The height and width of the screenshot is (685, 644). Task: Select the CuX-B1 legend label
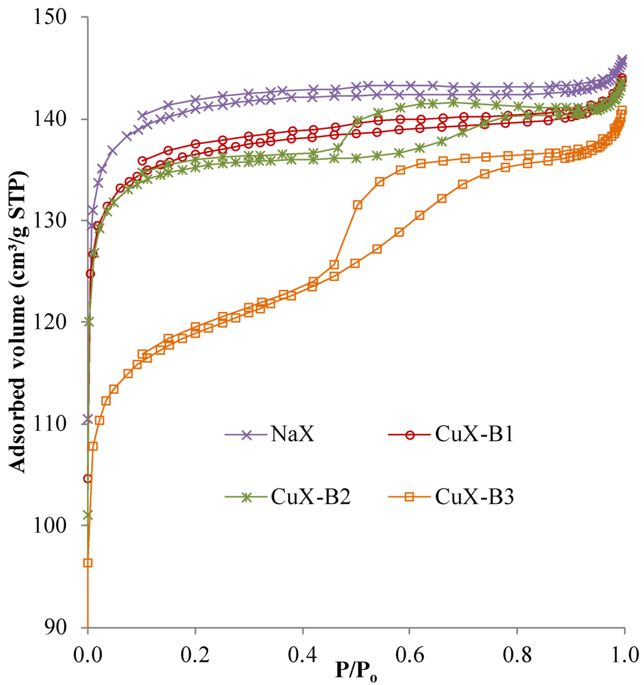(473, 435)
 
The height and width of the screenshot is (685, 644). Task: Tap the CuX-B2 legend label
(311, 496)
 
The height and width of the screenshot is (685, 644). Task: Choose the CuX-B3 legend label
(473, 496)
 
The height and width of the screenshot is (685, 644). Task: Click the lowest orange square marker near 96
(88, 563)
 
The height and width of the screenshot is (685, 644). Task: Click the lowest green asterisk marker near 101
(88, 515)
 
